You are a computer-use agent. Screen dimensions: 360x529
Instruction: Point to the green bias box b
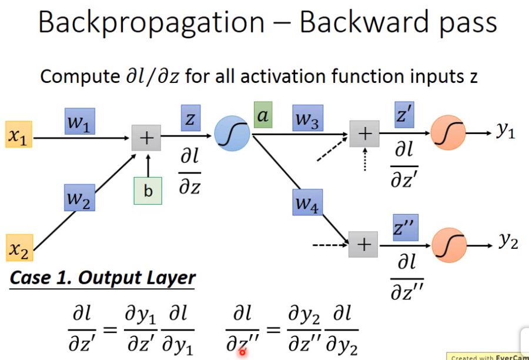148,190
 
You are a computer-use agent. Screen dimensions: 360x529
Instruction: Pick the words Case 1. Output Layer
101,278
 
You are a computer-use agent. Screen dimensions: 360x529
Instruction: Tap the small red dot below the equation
242,352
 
